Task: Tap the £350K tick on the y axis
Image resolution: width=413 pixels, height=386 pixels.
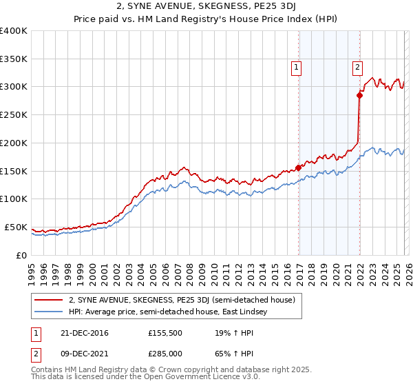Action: [14, 59]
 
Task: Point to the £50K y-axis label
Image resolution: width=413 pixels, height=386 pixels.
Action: [16, 227]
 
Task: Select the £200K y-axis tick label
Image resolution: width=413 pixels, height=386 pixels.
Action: [14, 143]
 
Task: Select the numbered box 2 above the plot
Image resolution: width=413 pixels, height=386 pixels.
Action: [358, 67]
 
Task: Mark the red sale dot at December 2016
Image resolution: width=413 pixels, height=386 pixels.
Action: [298, 167]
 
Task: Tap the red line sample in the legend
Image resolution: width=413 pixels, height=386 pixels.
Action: [48, 300]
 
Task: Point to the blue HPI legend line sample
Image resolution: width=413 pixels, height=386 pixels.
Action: [48, 312]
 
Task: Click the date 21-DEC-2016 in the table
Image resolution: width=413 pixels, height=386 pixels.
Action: [79, 333]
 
